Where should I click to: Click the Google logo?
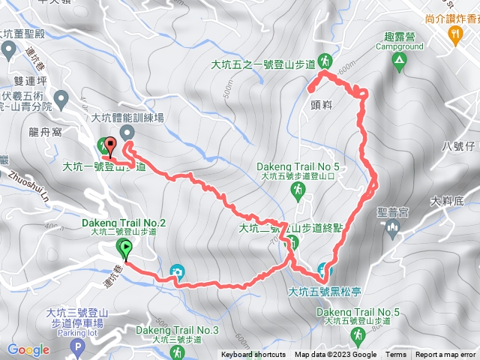tap(28, 349)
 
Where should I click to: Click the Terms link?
tap(396, 355)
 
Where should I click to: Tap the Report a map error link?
tap(445, 355)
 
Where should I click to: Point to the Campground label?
tap(399, 46)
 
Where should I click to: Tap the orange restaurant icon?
tap(454, 34)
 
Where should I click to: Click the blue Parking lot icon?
tap(76, 346)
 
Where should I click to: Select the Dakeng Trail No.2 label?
tap(121, 222)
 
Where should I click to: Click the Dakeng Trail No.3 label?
tap(177, 330)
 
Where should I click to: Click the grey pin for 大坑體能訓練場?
tap(127, 132)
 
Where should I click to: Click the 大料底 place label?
tap(448, 200)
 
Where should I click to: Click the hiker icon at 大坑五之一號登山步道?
tap(325, 59)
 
